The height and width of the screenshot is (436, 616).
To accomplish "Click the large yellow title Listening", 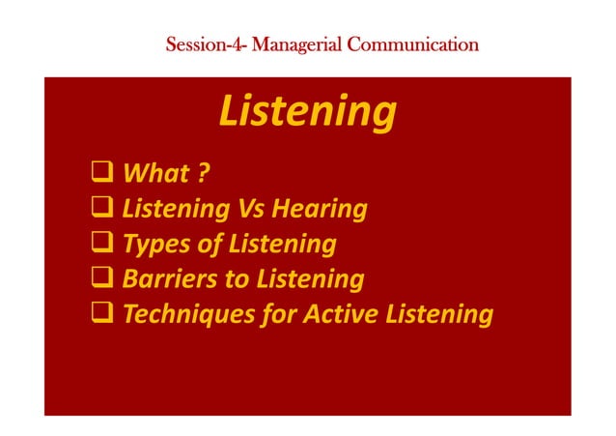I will click(x=307, y=112).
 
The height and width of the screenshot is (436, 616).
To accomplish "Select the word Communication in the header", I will click(x=416, y=44).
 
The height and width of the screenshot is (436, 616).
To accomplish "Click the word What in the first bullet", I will click(x=156, y=174).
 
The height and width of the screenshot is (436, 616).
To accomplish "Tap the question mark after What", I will click(x=204, y=174).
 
